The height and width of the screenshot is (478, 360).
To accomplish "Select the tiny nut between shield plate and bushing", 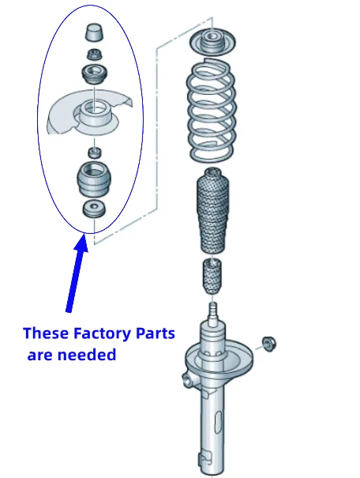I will click(x=94, y=151).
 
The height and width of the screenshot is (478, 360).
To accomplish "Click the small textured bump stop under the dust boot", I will click(x=211, y=276).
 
